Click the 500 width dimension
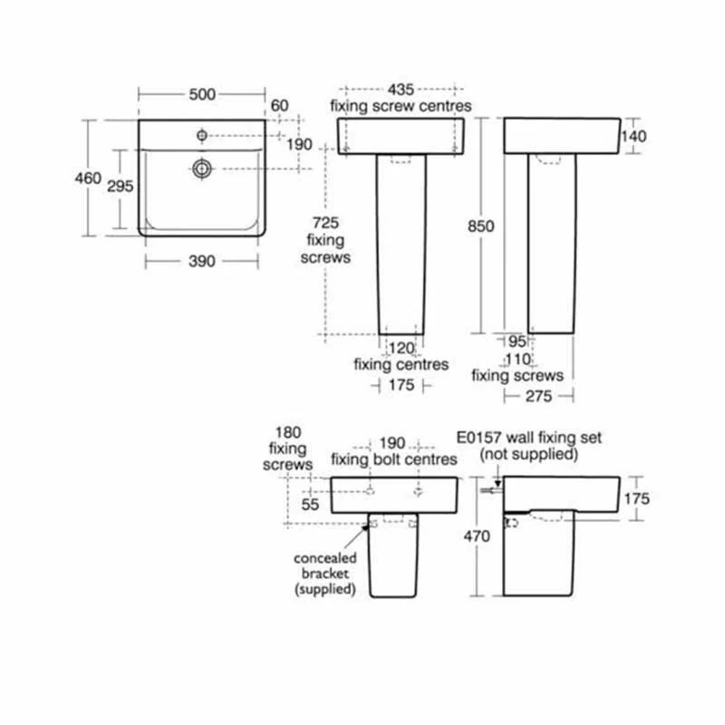click(201, 94)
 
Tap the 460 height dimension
click(88, 179)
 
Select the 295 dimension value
click(121, 186)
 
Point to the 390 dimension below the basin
click(201, 261)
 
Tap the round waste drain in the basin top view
click(201, 168)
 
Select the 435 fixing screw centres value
click(401, 89)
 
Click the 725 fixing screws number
click(325, 223)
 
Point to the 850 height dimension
click(480, 227)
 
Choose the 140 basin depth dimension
click(633, 136)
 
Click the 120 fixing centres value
click(401, 348)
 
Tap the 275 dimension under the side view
click(540, 396)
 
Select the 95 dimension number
click(517, 342)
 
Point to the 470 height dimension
click(478, 536)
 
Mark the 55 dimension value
click(311, 506)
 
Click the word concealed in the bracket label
click(325, 557)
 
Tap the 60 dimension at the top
click(279, 106)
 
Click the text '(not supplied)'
click(527, 453)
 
